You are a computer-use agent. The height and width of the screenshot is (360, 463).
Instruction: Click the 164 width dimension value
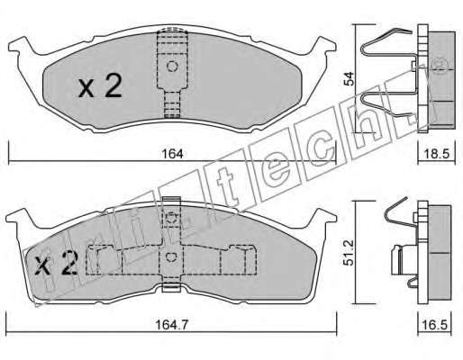click(172, 154)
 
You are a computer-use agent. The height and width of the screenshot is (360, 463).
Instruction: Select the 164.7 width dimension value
click(171, 325)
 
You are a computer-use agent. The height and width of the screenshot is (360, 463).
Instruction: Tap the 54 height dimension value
click(349, 78)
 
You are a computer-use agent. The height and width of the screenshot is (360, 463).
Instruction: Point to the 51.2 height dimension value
click(349, 252)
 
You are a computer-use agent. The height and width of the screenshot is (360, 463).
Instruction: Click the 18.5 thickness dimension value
click(437, 154)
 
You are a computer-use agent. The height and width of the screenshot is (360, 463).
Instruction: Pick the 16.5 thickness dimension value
click(435, 325)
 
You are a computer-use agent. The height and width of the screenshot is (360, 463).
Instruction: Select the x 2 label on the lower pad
click(57, 263)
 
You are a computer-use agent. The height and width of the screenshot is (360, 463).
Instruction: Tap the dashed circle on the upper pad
click(172, 67)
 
